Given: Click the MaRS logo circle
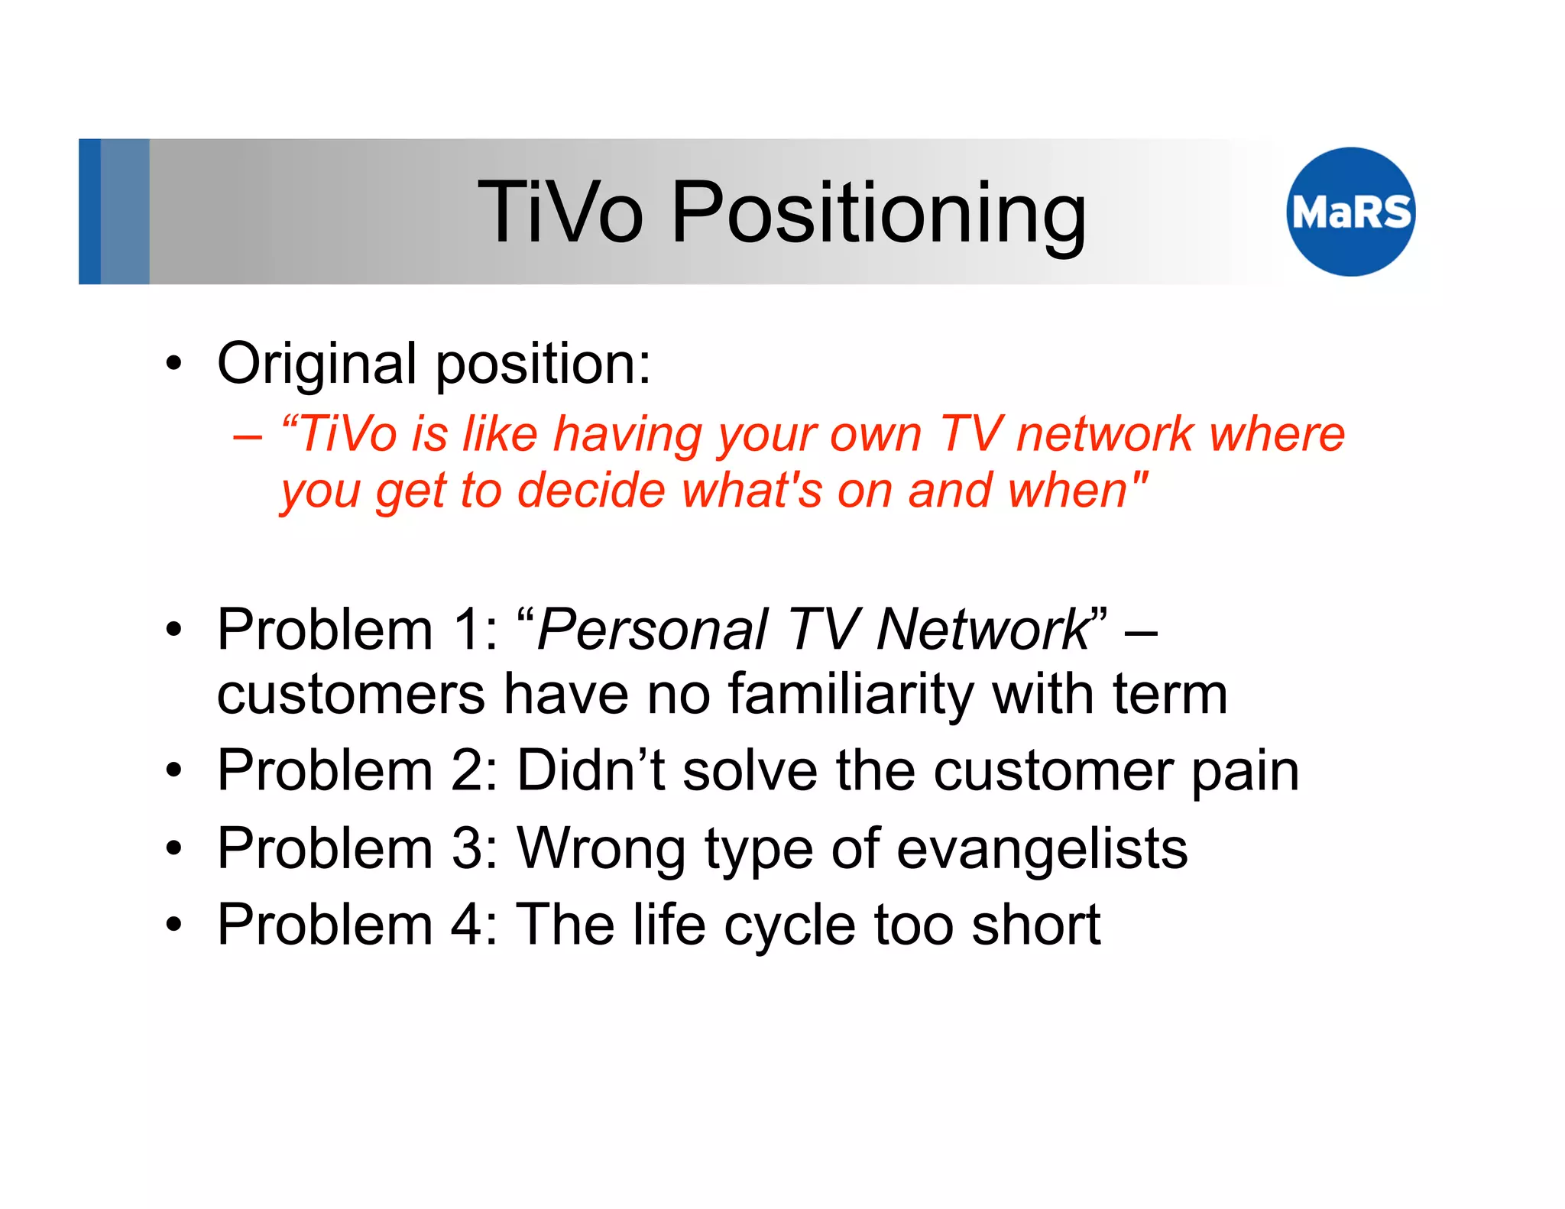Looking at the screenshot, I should (1350, 212).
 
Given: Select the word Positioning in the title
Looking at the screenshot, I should (878, 214).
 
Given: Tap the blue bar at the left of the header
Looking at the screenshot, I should (90, 212).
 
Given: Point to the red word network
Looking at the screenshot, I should (1105, 434).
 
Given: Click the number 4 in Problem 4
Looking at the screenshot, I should (465, 925).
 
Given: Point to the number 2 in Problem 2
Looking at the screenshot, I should (465, 770).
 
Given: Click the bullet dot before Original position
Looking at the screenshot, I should (174, 365).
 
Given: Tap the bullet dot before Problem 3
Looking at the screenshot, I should (174, 849).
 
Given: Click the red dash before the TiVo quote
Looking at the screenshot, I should (248, 437).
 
